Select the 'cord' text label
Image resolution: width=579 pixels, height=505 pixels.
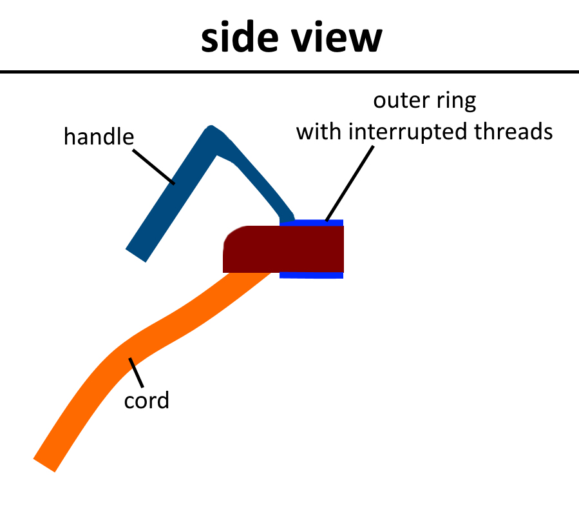146,401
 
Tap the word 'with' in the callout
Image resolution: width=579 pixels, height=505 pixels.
319,132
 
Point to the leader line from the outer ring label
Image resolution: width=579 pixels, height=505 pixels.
350,184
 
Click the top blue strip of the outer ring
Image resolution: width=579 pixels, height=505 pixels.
312,223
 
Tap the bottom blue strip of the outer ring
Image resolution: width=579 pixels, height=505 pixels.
312,275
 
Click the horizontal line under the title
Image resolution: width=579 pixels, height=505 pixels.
289,70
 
